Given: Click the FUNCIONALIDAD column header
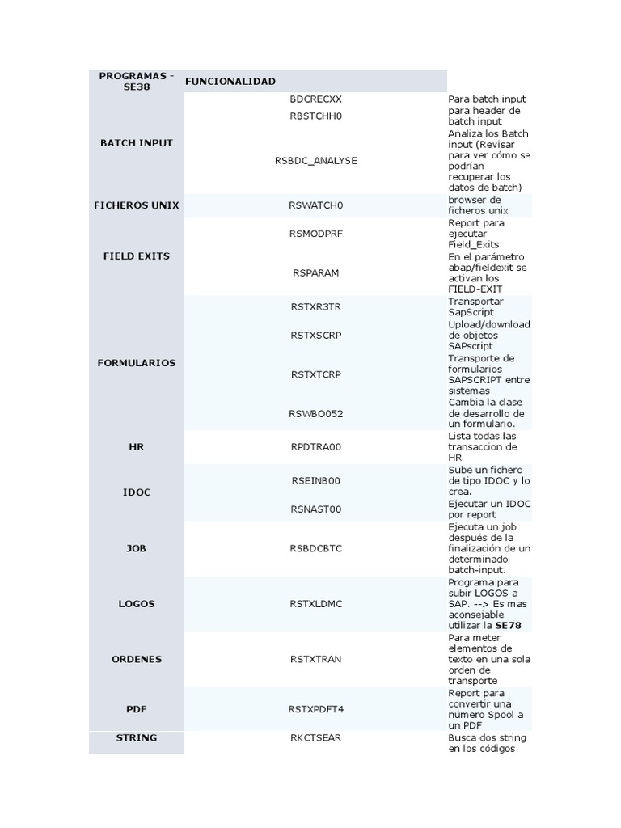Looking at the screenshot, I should (230, 82).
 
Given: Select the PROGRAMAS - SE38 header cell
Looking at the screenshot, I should (136, 81).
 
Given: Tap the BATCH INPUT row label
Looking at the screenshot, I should (136, 143).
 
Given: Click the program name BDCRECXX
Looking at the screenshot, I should (315, 99).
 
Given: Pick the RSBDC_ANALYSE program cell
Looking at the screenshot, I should (315, 160).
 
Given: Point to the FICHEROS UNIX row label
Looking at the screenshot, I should (136, 205).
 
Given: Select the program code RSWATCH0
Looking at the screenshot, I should (315, 205).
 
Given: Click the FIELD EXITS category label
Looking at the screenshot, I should (136, 256).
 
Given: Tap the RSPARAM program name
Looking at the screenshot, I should (315, 273).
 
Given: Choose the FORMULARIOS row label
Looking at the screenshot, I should (136, 363).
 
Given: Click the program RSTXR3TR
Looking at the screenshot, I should (315, 306).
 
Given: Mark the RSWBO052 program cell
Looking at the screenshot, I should (315, 413).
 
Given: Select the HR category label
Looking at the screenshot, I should (136, 446).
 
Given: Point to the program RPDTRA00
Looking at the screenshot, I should (315, 446).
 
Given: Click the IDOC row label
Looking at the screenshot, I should (136, 492).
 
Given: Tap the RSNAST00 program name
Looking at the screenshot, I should (315, 509).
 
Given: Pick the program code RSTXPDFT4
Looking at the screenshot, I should (315, 709).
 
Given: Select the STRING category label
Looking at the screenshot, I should (136, 737).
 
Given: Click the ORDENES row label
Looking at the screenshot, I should (136, 659).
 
